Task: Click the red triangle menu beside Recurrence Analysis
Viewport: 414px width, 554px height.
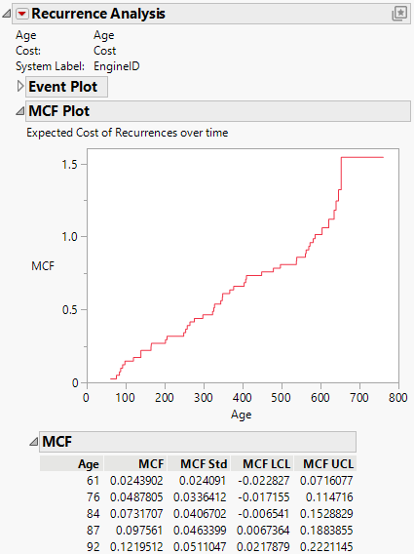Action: point(22,14)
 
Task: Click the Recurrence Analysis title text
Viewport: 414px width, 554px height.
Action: point(99,14)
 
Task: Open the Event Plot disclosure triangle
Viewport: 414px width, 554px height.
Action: point(20,87)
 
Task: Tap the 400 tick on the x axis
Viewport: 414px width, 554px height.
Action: point(243,398)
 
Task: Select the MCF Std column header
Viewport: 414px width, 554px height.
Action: point(199,463)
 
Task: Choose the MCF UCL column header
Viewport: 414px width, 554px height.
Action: point(328,463)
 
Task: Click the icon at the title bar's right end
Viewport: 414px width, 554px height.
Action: point(398,14)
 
